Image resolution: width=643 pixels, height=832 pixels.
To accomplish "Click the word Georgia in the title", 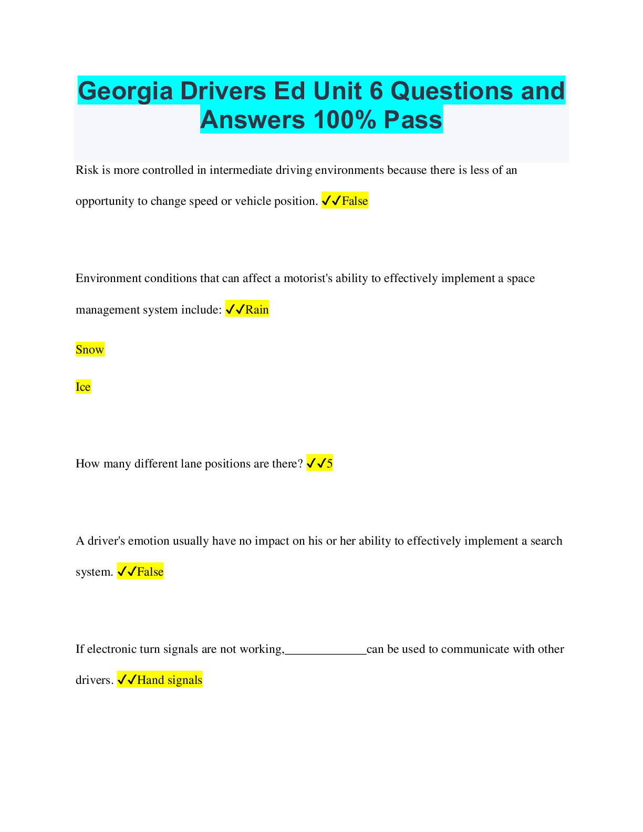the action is point(125,91).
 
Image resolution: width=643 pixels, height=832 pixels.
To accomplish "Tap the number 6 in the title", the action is point(376,91).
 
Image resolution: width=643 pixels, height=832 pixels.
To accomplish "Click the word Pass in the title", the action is point(413,120).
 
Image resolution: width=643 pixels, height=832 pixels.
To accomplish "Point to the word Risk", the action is point(87,170).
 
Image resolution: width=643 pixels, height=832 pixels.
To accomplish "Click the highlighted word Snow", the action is point(90,349).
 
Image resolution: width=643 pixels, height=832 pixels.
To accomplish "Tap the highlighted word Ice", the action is point(83,387).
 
